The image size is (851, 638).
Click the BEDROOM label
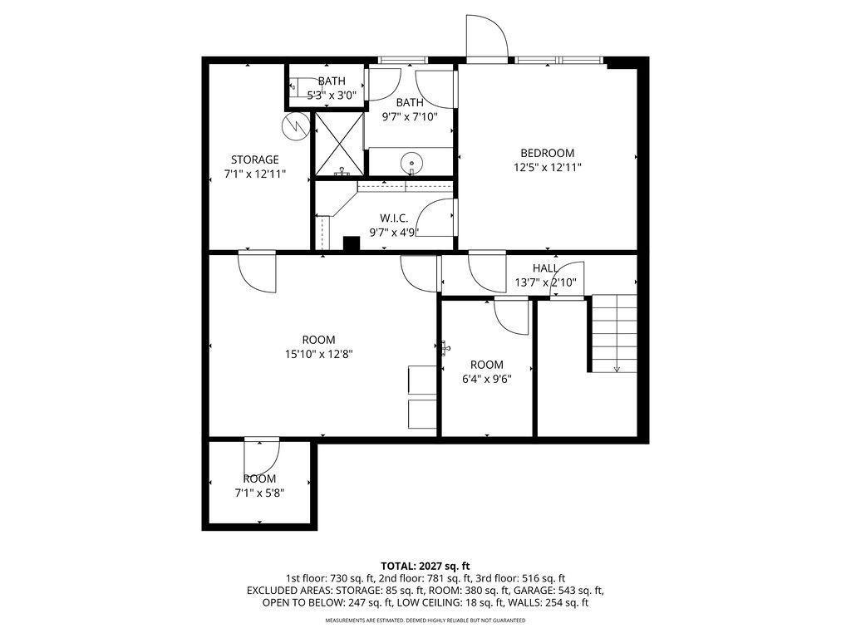tap(547, 153)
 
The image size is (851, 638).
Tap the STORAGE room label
tap(254, 159)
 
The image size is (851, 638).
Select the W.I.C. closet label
tap(394, 218)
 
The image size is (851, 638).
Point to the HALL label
tap(545, 268)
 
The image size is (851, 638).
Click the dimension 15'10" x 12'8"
tap(319, 354)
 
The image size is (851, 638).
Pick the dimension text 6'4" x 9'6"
tap(487, 379)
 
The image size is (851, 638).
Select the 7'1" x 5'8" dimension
tap(259, 493)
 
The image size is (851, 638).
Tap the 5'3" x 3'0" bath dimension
tap(332, 96)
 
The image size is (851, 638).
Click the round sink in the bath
tap(411, 162)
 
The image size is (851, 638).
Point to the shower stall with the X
tap(339, 144)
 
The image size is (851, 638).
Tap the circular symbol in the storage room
tap(294, 127)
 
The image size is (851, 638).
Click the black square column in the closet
tap(352, 244)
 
